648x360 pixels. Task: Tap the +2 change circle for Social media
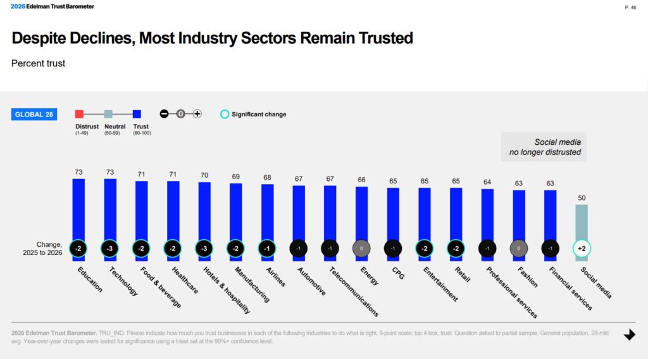coord(582,249)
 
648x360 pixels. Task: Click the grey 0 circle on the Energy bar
coord(361,249)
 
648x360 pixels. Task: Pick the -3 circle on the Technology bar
coord(110,249)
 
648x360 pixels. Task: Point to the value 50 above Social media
coord(582,198)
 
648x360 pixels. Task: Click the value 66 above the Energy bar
coord(361,180)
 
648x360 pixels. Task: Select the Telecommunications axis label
coord(354,290)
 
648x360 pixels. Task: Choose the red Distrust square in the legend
coord(79,115)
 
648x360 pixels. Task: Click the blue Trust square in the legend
coord(137,115)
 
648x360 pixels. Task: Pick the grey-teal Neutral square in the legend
coord(108,115)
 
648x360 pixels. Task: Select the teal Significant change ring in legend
coord(224,115)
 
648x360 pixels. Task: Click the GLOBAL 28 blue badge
coord(34,115)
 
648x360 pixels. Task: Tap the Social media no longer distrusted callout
coord(544,147)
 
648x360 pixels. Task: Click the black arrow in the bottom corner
coord(629,335)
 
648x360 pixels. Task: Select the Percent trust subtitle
coord(39,63)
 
